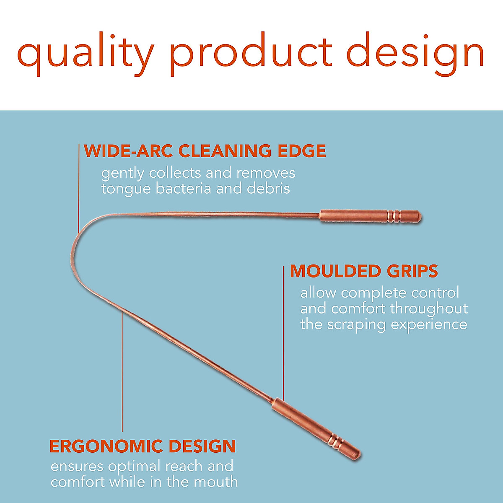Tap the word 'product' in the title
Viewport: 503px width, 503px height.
coord(251,54)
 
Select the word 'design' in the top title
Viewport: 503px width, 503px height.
coord(415,54)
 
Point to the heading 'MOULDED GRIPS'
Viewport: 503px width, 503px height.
coord(364,271)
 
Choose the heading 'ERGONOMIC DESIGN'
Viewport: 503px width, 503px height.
coord(143,446)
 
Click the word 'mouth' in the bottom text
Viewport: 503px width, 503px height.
coord(215,482)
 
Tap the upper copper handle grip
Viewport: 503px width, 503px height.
coord(371,217)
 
